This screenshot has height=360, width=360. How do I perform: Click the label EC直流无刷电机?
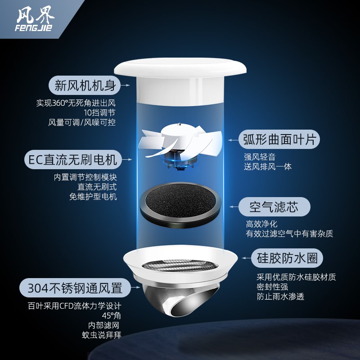click(x=72, y=159)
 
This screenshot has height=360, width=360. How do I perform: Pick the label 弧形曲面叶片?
click(x=279, y=139)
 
